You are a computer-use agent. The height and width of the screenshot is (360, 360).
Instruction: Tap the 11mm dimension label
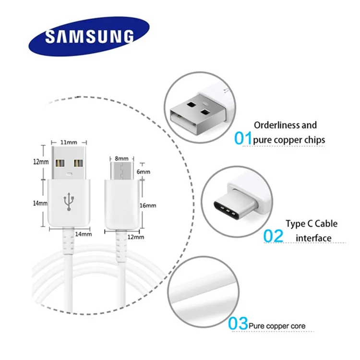point(69,143)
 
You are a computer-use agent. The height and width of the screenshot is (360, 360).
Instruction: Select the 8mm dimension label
point(121,158)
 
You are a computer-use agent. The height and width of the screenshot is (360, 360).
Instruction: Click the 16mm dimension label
point(148,205)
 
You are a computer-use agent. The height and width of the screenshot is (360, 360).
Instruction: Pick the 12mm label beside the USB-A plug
point(40,162)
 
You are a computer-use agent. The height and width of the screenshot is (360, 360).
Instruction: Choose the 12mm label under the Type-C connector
point(136,237)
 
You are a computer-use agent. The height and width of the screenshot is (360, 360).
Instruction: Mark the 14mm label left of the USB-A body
point(40,203)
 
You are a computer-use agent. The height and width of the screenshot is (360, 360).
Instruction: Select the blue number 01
point(243,138)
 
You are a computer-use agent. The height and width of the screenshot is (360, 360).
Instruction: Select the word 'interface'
point(313,238)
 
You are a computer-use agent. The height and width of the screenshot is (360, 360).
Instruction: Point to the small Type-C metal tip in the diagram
point(121,169)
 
